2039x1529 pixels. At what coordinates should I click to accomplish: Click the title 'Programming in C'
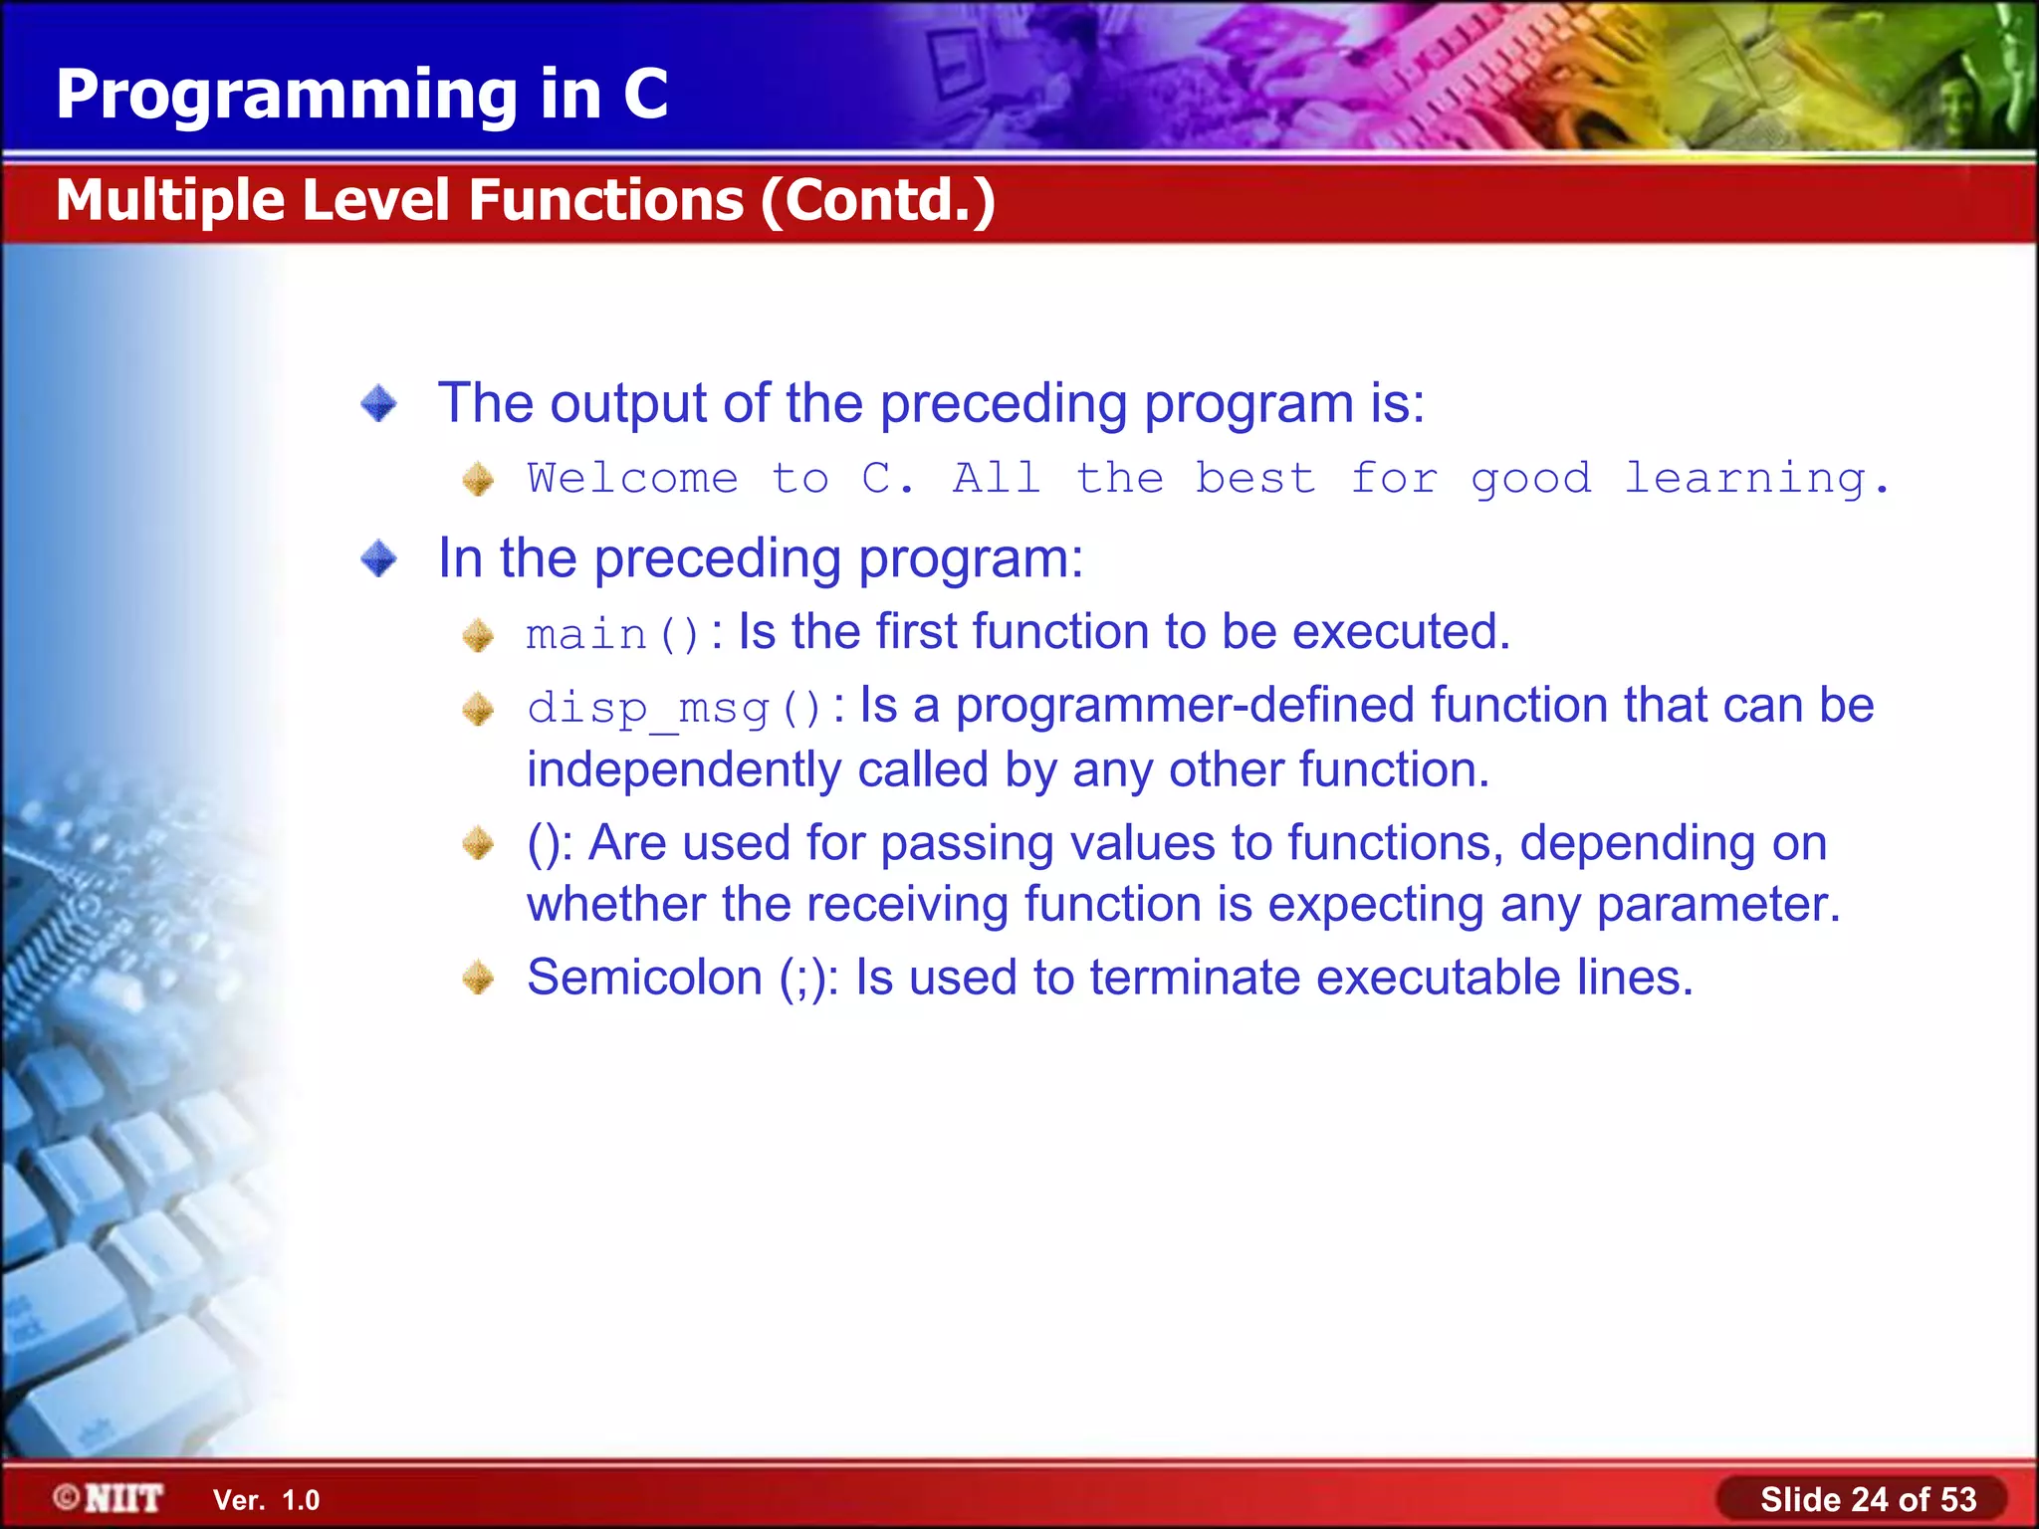pos(361,95)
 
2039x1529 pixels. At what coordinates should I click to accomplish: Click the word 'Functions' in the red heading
pos(605,200)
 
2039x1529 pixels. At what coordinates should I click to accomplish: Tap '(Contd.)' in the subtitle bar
pos(878,200)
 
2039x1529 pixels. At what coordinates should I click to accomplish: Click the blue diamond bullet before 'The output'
pos(378,404)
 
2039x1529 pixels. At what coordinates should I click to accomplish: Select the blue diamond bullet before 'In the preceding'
pos(378,558)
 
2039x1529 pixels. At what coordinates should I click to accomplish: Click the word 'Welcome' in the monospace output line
pos(632,479)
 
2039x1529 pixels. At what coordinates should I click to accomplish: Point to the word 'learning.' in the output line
pos(1756,479)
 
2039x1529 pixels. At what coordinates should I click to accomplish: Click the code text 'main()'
pos(612,635)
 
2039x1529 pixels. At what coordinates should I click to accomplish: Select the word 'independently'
pos(684,770)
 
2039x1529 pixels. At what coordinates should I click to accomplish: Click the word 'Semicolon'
pos(644,978)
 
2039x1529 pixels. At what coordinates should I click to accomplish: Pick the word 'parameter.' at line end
pos(1718,905)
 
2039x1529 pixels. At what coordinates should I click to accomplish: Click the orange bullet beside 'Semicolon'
pos(478,978)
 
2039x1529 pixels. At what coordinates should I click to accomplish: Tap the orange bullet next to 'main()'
pos(478,635)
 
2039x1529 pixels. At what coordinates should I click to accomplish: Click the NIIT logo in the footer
pos(109,1498)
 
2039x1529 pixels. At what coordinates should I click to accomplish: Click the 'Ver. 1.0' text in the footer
pos(266,1500)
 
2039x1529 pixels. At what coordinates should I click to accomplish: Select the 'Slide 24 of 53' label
pos(1868,1499)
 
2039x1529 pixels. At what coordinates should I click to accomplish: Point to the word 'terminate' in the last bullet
pos(1195,978)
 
